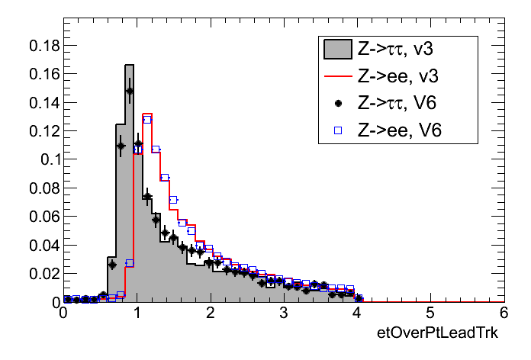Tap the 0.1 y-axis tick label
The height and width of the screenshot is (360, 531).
pyautogui.click(x=47, y=159)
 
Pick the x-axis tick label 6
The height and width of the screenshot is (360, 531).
pyautogui.click(x=504, y=313)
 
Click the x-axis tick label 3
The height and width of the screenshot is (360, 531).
pyautogui.click(x=283, y=313)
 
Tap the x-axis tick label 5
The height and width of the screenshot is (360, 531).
pyautogui.click(x=430, y=313)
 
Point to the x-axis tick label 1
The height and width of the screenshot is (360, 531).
pyautogui.click(x=137, y=313)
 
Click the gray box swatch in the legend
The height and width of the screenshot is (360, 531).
pyautogui.click(x=336, y=50)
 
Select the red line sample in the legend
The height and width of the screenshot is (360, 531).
pyautogui.click(x=336, y=76)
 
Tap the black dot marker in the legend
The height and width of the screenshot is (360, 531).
pyautogui.click(x=336, y=103)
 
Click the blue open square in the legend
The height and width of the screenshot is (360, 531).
pyautogui.click(x=336, y=130)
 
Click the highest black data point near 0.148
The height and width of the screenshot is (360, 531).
pyautogui.click(x=130, y=91)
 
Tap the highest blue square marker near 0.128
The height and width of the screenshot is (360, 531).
pyautogui.click(x=147, y=119)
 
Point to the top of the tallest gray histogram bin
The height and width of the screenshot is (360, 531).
pyautogui.click(x=130, y=65)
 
